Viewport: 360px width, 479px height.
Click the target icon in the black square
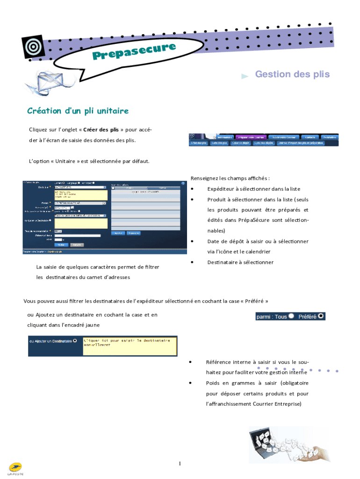point(33,47)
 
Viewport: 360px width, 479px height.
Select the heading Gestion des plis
point(292,74)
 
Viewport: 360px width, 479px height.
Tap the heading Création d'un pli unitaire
point(78,111)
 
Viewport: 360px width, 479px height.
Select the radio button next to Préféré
point(321,316)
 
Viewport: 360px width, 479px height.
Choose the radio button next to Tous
point(291,316)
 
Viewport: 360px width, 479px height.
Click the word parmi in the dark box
point(263,317)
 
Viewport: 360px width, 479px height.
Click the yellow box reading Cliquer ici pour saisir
point(129,345)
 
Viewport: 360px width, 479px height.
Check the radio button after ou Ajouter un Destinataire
point(75,341)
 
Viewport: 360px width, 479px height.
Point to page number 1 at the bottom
point(180,464)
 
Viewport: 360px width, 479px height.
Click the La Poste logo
point(15,468)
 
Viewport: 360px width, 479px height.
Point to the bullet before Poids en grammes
point(190,383)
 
